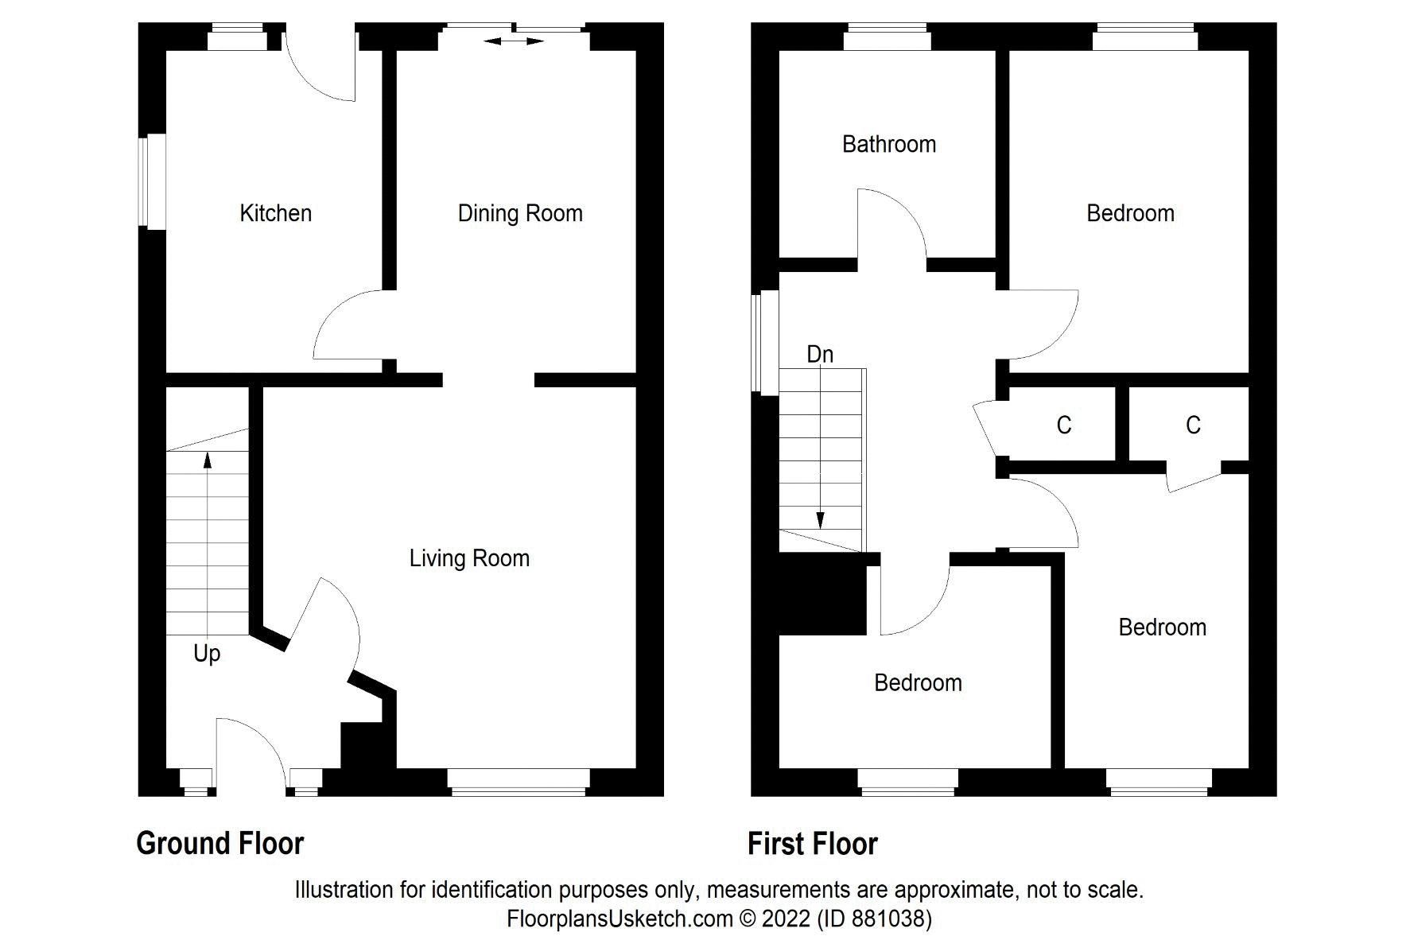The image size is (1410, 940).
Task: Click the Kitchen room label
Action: (x=275, y=213)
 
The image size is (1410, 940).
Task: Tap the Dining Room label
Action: (x=520, y=213)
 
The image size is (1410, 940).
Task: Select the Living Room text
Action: (x=469, y=558)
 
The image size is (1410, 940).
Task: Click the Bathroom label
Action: (x=888, y=144)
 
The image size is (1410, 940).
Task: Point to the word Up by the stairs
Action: (x=207, y=654)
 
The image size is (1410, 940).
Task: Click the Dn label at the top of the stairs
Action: (x=820, y=354)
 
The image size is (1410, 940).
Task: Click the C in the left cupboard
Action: (x=1064, y=425)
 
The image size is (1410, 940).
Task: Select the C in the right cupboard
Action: (x=1193, y=425)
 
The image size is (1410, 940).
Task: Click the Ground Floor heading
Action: (x=220, y=843)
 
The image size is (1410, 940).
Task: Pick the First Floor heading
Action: (x=813, y=843)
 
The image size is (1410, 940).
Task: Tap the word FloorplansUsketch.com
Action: (x=620, y=919)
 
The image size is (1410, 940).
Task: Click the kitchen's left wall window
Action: (x=154, y=182)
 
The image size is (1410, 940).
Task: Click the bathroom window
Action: (x=888, y=37)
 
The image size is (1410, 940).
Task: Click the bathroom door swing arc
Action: (x=895, y=223)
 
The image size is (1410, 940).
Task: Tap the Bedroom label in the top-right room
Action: (x=1130, y=213)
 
